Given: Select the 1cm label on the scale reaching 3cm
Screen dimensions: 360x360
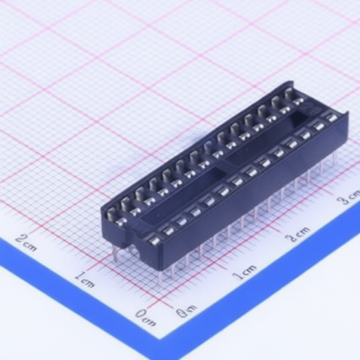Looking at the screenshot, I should pos(245,271).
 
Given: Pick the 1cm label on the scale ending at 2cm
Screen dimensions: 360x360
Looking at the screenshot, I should pos(84,279).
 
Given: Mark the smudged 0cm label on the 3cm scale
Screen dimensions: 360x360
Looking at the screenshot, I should pos(186,310).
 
